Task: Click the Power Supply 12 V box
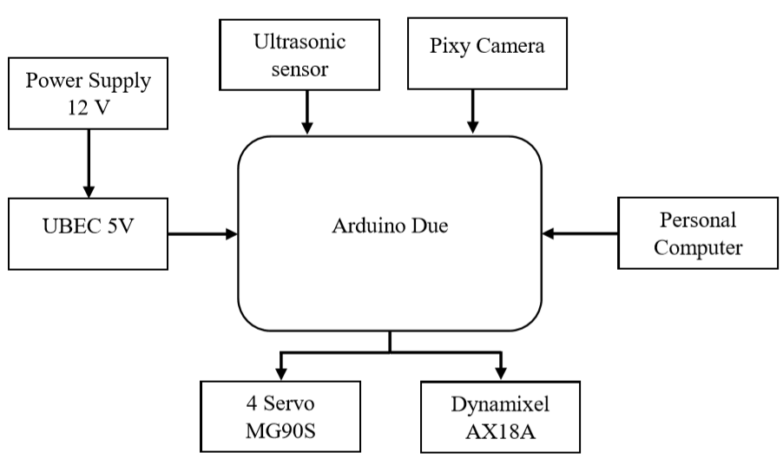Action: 88,93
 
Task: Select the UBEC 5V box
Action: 88,233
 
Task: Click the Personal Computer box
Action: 697,233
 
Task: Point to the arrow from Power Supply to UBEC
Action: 88,161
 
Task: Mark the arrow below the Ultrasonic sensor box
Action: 306,112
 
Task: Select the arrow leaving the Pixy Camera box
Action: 472,112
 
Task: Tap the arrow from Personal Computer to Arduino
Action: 579,233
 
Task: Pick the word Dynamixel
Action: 501,404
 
